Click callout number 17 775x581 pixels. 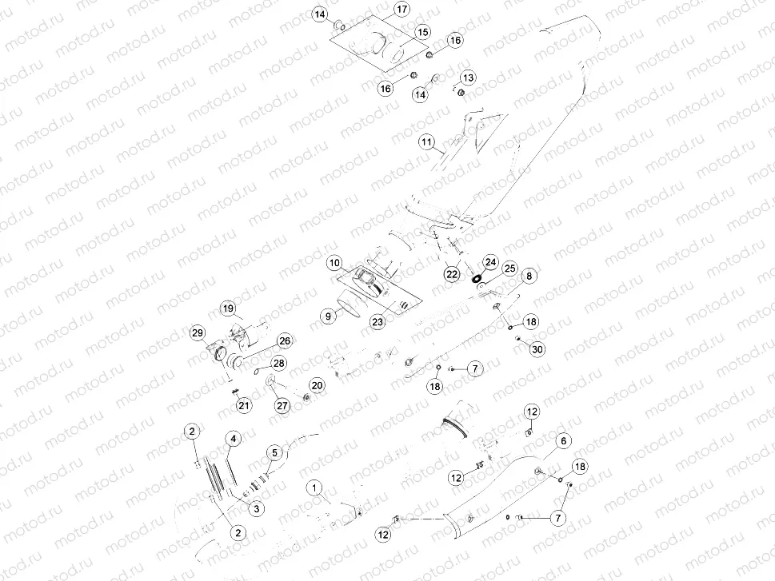[401, 10]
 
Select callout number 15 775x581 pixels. [423, 32]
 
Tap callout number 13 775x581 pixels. [467, 78]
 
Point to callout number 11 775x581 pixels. [427, 144]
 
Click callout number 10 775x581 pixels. [334, 263]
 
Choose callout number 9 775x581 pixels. [327, 316]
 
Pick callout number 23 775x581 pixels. [378, 321]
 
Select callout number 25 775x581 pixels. [509, 269]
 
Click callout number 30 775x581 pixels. [537, 348]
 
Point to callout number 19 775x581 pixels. [227, 308]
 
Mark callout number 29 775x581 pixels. [197, 332]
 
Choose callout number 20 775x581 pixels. [318, 386]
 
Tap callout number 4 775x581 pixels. [233, 439]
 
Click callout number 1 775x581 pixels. [315, 487]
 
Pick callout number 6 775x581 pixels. [563, 441]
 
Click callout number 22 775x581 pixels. [452, 274]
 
